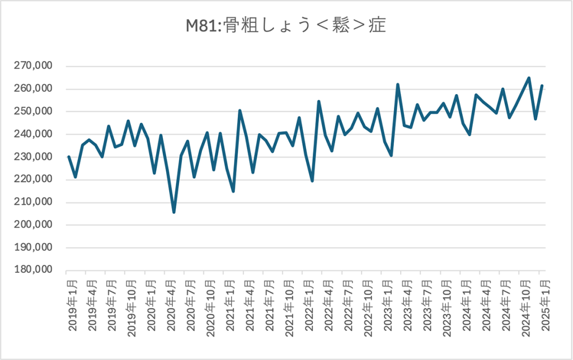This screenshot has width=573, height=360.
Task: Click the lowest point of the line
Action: [x=174, y=212]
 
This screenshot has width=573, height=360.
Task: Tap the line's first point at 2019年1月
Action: [x=69, y=157]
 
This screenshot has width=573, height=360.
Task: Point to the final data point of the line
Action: [x=542, y=86]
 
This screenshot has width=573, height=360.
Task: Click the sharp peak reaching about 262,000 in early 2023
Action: [x=398, y=85]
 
